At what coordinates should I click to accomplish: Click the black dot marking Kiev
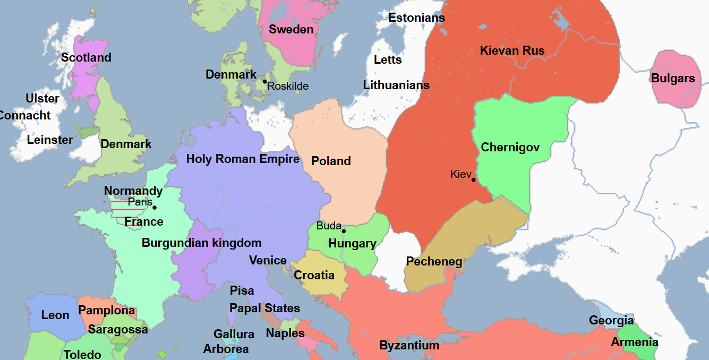tap(473, 179)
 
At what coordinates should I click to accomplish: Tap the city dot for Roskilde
tap(264, 81)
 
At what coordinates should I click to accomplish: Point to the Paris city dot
tap(155, 207)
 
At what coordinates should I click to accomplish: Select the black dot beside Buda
tap(344, 231)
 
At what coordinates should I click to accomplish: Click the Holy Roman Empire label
tap(243, 159)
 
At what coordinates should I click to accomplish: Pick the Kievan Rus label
tap(512, 51)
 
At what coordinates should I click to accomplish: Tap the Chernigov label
tap(510, 148)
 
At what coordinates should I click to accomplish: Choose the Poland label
tap(331, 161)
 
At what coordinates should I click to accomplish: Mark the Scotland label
tap(86, 57)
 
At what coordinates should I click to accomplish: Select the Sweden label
tap(291, 29)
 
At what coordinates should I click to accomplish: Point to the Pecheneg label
tap(434, 261)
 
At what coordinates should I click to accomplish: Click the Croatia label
tap(314, 275)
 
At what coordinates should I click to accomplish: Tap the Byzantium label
tap(409, 346)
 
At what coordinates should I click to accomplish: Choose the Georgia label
tap(611, 320)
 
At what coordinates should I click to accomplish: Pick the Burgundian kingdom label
tap(201, 243)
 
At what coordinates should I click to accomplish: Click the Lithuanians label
tap(396, 85)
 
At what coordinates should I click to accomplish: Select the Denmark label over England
tap(126, 144)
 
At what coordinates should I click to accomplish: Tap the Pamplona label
tap(106, 310)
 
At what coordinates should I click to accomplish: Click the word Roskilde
tap(288, 86)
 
